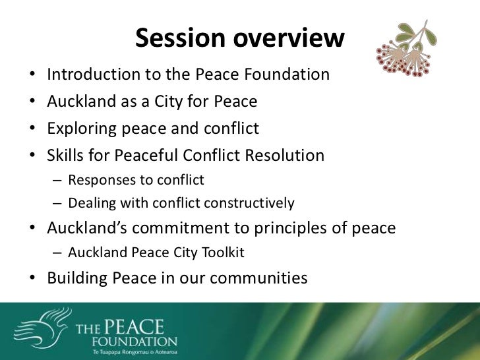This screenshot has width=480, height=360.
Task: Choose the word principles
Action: pos(299,228)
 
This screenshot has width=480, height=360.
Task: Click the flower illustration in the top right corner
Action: pos(408,49)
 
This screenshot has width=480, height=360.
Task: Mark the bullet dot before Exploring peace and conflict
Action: pos(33,129)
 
